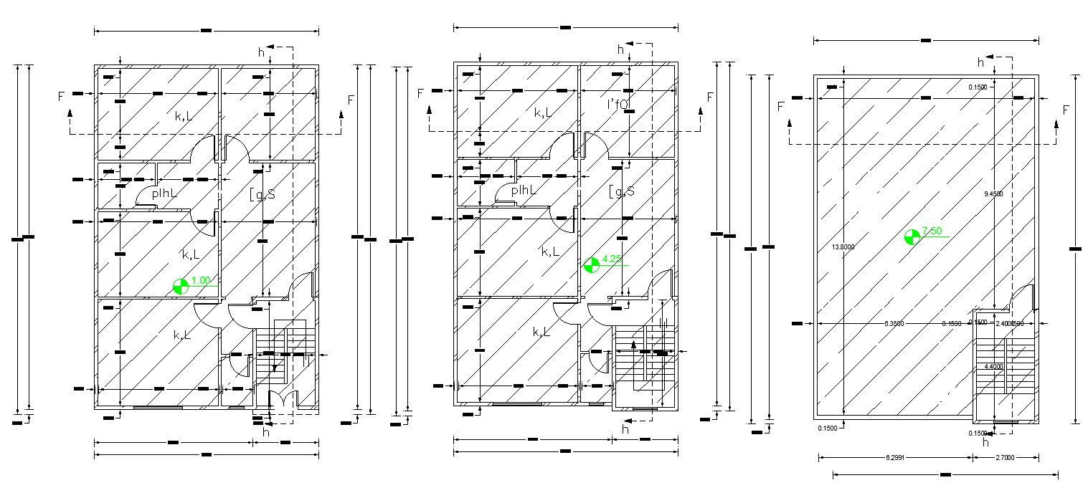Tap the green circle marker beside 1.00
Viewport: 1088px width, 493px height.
[x=181, y=287]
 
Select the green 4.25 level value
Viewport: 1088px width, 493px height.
[x=611, y=260]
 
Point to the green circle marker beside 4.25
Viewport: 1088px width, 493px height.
[x=591, y=265]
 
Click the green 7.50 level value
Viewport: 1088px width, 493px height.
[x=932, y=231]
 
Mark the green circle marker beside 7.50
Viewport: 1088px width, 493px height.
[x=912, y=237]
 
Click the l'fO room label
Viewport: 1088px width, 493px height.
[x=618, y=105]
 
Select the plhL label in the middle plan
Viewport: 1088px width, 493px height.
[x=524, y=191]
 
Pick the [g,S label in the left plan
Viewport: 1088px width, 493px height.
[x=261, y=193]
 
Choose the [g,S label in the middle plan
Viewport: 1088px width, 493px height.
[x=620, y=191]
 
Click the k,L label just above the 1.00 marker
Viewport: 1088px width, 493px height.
[x=190, y=254]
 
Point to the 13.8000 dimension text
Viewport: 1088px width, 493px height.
[x=843, y=247]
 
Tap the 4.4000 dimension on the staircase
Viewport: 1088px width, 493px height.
[x=993, y=367]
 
